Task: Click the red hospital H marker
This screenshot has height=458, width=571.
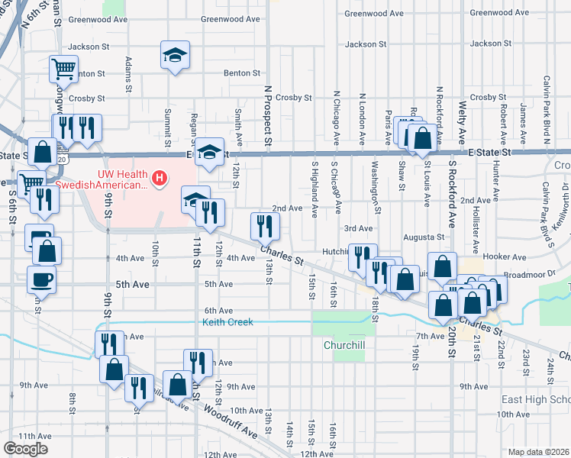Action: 159,179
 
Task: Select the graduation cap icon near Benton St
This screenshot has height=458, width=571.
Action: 175,55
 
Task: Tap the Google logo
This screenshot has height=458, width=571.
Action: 25,449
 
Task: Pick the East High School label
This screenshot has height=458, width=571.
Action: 536,400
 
